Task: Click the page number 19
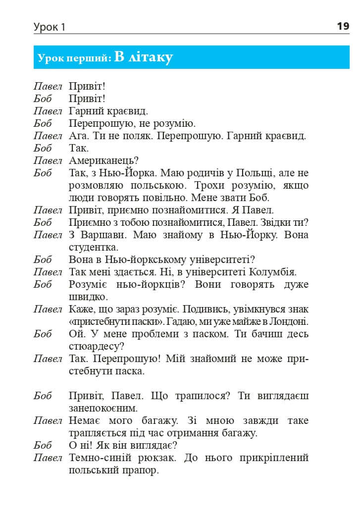point(343,26)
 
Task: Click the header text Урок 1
point(49,27)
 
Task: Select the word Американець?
point(103,160)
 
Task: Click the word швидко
point(88,297)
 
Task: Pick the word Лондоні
point(290,321)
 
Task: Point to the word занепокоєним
point(103,408)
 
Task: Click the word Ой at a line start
point(75,334)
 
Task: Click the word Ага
point(78,136)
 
